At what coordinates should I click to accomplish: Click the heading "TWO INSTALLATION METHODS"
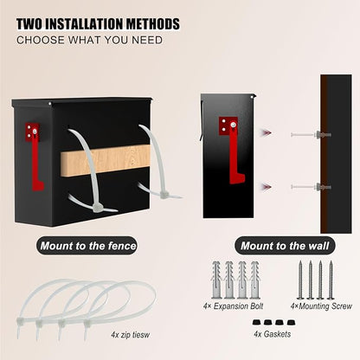point(98,24)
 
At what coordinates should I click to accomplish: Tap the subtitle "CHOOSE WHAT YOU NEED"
point(89,40)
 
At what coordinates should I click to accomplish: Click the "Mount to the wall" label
point(285,246)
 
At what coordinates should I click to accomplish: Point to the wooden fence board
point(106,159)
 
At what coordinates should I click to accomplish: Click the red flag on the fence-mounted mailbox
point(35,157)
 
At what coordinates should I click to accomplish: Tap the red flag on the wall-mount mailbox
point(232,151)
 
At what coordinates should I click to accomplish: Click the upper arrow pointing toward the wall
point(266,133)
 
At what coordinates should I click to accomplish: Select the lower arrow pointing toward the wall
point(266,187)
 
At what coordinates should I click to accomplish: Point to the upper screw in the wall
point(311,134)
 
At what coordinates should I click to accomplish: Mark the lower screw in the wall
point(311,187)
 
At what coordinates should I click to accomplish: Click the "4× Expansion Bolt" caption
point(233,306)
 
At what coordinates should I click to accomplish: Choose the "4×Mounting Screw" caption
point(321,306)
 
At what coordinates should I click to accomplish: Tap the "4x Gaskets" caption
point(273,334)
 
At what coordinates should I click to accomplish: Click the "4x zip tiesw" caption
point(131,335)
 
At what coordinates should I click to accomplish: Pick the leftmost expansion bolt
point(216,280)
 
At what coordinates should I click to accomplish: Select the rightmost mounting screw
point(331,280)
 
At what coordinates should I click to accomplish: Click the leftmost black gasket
point(256,322)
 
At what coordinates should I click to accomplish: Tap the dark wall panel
point(336,154)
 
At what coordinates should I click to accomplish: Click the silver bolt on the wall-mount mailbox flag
point(233,125)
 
